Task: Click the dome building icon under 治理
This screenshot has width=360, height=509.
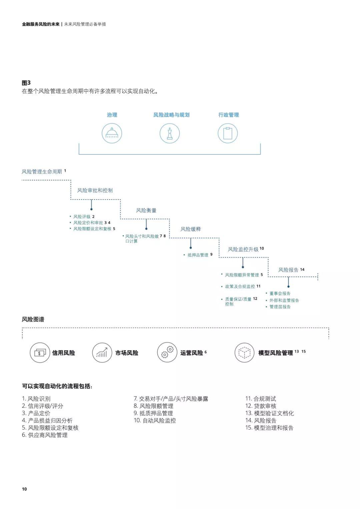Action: click(x=112, y=133)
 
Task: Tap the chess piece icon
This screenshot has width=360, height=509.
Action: click(x=169, y=133)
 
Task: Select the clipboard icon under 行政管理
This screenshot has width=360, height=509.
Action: click(x=228, y=133)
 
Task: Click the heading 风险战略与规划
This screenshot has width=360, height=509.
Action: click(x=171, y=115)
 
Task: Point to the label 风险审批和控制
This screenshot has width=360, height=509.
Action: click(x=95, y=190)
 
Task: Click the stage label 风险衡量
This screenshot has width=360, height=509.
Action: click(x=146, y=210)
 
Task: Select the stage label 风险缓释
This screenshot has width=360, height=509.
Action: click(x=191, y=229)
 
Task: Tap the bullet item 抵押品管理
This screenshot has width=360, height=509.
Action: click(x=198, y=255)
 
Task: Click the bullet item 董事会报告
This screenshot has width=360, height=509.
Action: click(x=280, y=293)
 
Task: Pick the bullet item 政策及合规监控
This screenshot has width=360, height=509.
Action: click(x=240, y=286)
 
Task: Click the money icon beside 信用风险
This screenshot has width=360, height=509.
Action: click(x=40, y=353)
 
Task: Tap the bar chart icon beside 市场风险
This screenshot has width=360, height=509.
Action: click(x=102, y=353)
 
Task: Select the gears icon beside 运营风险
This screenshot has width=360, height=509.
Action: click(x=167, y=353)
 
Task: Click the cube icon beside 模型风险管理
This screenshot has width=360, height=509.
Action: click(x=244, y=353)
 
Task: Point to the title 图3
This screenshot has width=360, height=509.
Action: click(x=26, y=83)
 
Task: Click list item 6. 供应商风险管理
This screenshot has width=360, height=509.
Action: click(x=45, y=435)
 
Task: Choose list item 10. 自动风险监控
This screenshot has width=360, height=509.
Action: click(x=155, y=420)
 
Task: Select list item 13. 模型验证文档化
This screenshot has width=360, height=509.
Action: click(x=269, y=413)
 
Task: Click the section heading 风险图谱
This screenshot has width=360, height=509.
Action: click(x=33, y=319)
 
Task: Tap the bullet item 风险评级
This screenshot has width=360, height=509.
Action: click(x=82, y=216)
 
